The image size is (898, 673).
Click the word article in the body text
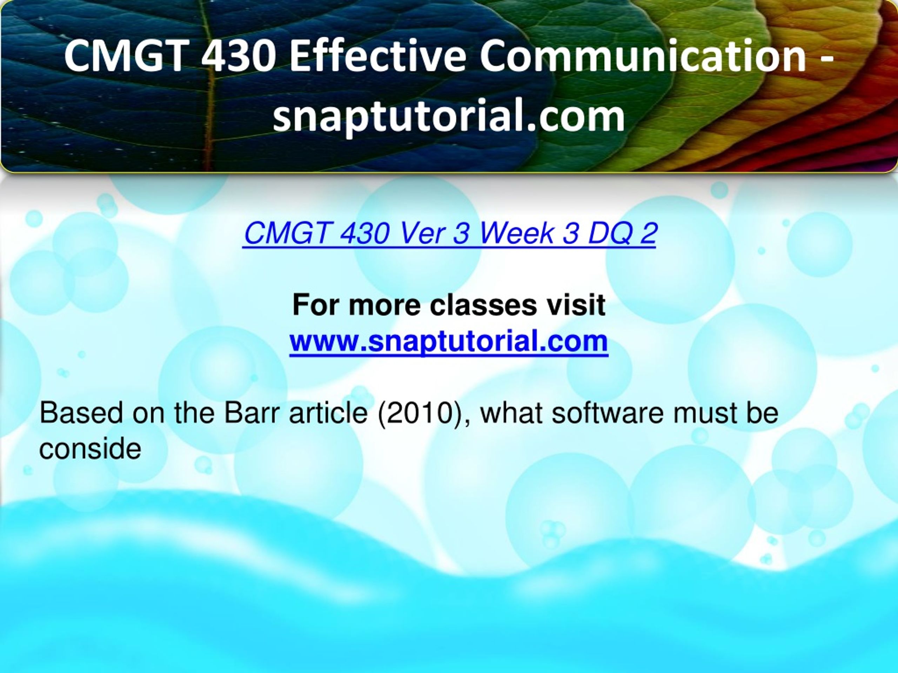click(x=328, y=413)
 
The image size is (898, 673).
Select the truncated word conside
click(x=90, y=449)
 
